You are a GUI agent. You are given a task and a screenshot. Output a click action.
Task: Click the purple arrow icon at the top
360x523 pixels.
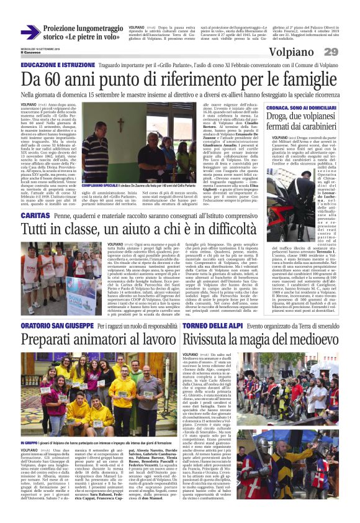point(30,32)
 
